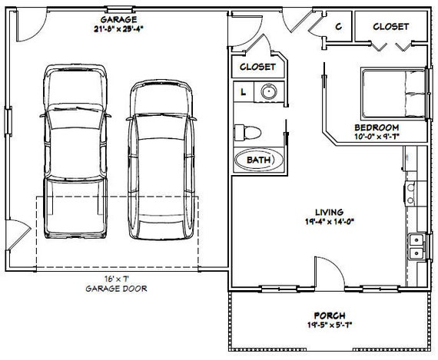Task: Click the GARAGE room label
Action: coord(118,19)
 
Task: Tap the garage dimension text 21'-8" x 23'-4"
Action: coord(118,28)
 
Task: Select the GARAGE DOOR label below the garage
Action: coord(116,289)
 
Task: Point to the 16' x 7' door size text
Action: coord(117,279)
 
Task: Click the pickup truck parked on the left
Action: coord(75,151)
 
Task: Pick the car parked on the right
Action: coord(161,160)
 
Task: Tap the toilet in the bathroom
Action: coord(247,133)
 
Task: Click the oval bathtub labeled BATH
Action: coord(258,160)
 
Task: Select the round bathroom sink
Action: coord(269,91)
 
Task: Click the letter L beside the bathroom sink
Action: coord(244,91)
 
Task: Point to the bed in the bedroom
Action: coord(393,94)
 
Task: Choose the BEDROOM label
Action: coord(377,127)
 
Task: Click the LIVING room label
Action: coord(330,212)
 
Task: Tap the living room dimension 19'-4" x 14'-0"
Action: coord(330,222)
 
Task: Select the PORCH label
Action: coord(330,315)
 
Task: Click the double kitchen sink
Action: coord(416,246)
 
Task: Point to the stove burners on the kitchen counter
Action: coord(411,193)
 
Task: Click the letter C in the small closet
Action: coord(339,27)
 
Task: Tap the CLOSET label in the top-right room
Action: coord(391,27)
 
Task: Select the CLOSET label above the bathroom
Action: coord(257,67)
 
